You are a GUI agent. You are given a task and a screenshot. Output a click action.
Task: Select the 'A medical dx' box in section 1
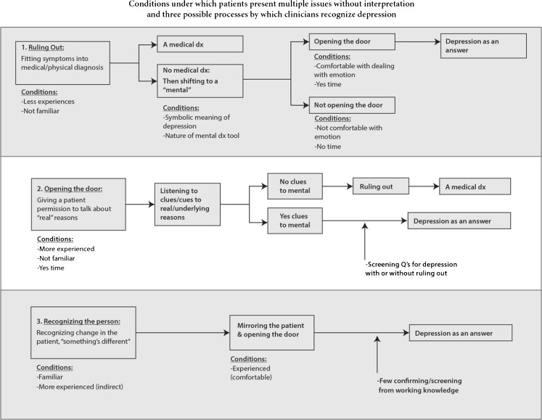coord(200,44)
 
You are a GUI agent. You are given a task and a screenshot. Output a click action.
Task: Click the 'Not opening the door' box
coord(352,106)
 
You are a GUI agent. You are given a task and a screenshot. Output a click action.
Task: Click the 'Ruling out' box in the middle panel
coord(381,186)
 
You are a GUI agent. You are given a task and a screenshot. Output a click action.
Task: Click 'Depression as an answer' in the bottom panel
coord(461,333)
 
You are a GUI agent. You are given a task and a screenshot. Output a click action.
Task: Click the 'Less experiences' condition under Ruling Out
coord(49,102)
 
